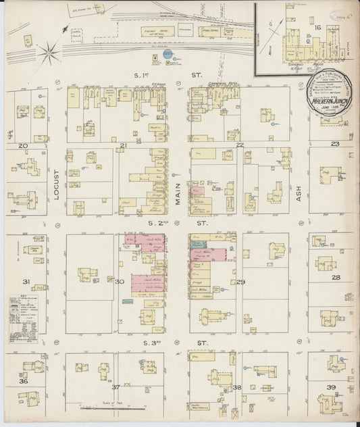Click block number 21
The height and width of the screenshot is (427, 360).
click(x=123, y=145)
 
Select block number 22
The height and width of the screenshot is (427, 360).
click(x=240, y=145)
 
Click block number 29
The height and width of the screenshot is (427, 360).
click(x=240, y=282)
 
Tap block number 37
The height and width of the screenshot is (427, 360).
click(x=115, y=387)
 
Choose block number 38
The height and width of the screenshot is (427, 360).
click(x=237, y=387)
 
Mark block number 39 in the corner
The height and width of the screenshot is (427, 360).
click(x=331, y=387)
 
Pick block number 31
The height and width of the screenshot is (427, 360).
click(x=24, y=282)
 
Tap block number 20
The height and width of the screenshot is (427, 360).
click(x=23, y=145)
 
